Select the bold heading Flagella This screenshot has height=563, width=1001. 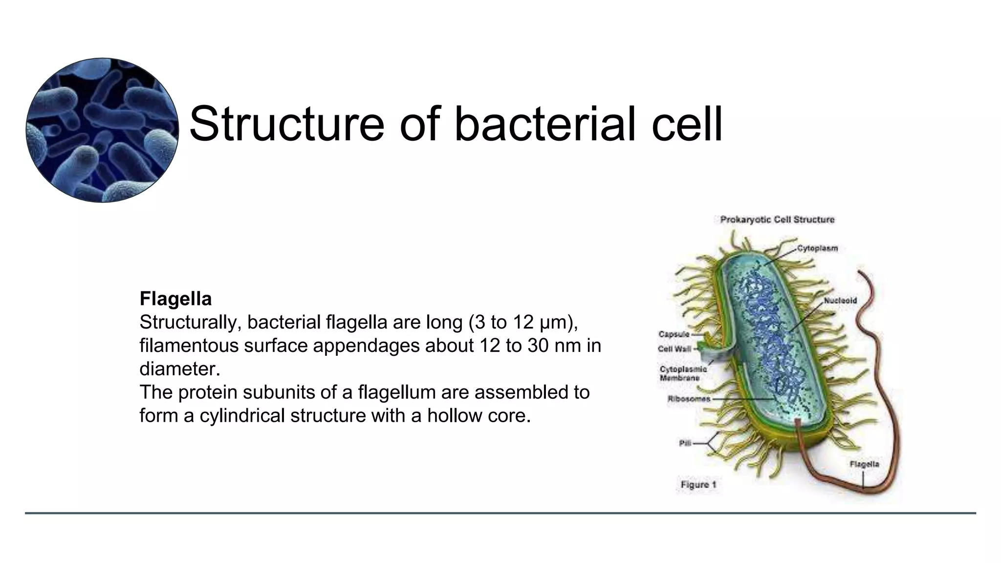[x=175, y=299]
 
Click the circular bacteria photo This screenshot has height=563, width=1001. [x=102, y=130]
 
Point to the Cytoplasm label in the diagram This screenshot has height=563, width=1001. [x=817, y=248]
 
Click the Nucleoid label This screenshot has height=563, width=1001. [x=840, y=301]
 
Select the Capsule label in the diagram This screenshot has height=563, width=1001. [x=674, y=334]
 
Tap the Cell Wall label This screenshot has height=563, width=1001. [x=674, y=349]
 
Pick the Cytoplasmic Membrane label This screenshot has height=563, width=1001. [x=683, y=373]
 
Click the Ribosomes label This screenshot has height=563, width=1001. [x=689, y=399]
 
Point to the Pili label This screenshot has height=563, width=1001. [x=685, y=443]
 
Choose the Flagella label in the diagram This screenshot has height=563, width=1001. [x=864, y=464]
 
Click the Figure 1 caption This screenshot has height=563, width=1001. [x=698, y=485]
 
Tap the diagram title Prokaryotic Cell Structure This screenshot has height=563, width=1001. [x=777, y=219]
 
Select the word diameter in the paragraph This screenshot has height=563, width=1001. [x=179, y=369]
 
